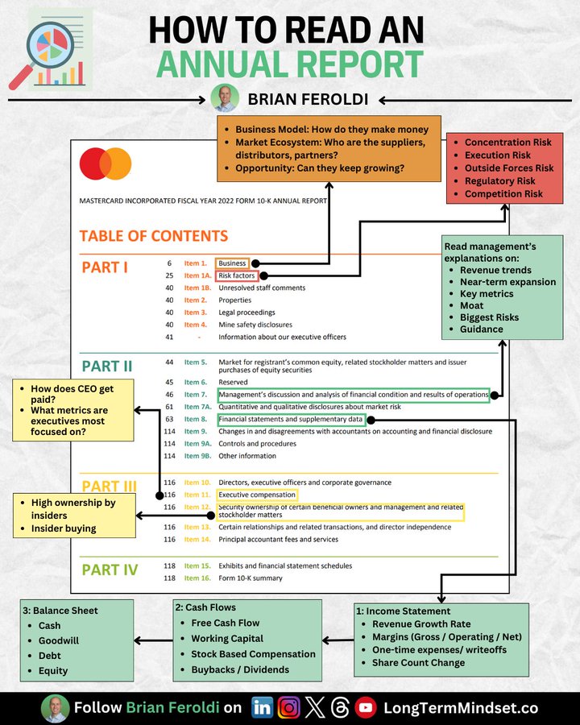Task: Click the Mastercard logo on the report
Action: [x=106, y=164]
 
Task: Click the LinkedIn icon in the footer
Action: [x=262, y=708]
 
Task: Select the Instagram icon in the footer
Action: [x=288, y=708]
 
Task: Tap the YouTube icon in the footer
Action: [x=367, y=708]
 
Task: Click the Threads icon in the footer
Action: [x=341, y=708]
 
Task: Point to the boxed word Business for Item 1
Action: [x=232, y=263]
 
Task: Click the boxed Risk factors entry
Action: [x=236, y=275]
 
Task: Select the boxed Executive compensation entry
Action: [x=257, y=495]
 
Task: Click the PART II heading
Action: [x=107, y=367]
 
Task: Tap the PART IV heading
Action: [x=109, y=570]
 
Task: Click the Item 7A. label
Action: [x=196, y=408]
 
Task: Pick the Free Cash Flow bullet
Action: [x=226, y=623]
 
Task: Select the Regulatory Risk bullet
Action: [x=499, y=181]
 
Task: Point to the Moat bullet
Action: [x=471, y=305]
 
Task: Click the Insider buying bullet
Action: [x=64, y=528]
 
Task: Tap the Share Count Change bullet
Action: [x=418, y=662]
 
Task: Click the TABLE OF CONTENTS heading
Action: [x=153, y=236]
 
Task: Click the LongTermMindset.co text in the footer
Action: [x=460, y=708]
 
